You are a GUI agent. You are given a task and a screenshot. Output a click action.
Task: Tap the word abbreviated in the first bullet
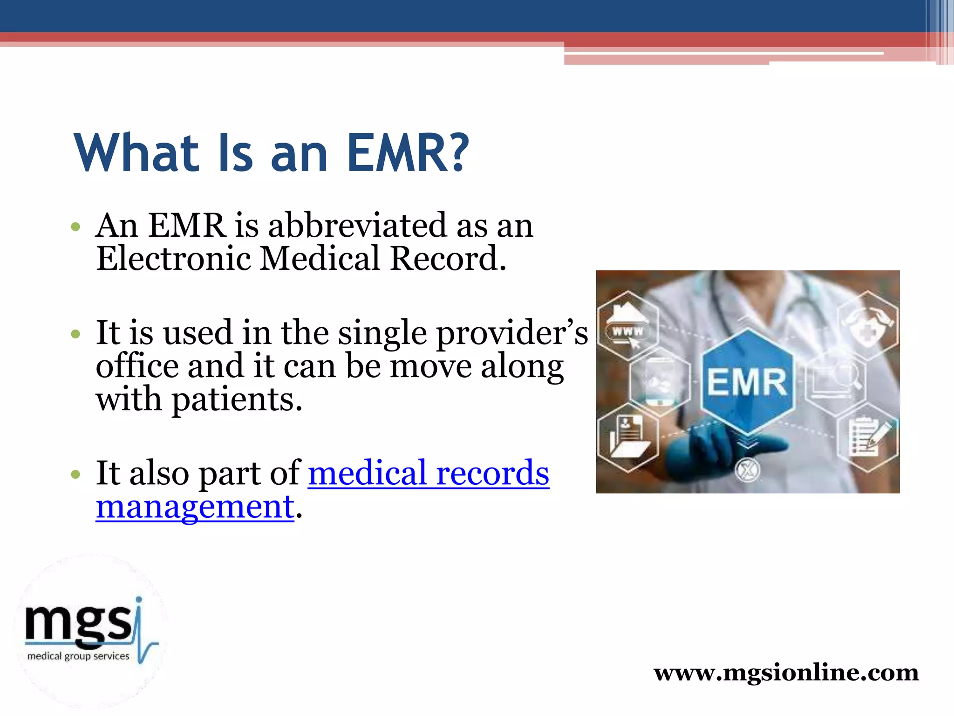[357, 226]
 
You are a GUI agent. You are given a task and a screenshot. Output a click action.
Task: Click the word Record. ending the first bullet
[448, 259]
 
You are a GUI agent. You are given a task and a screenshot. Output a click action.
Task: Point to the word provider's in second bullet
[512, 334]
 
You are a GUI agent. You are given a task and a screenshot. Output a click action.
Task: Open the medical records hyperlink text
[429, 473]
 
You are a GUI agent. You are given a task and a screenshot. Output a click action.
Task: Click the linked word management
[195, 507]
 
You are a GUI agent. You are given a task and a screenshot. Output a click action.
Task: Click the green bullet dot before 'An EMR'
[75, 227]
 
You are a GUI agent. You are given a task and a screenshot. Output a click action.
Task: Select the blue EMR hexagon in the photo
[747, 381]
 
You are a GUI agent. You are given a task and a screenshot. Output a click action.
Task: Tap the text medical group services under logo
[78, 656]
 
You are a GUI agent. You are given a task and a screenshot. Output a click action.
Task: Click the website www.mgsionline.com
[786, 673]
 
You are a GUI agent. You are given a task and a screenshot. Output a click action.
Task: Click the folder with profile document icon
[627, 437]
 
